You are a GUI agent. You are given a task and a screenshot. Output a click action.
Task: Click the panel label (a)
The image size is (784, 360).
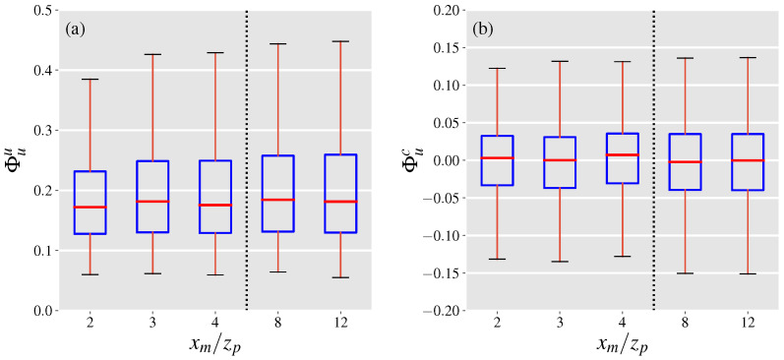point(76,29)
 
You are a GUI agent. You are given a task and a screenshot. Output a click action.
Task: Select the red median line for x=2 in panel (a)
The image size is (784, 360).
point(90,208)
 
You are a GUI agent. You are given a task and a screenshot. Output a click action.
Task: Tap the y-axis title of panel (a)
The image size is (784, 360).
point(13,160)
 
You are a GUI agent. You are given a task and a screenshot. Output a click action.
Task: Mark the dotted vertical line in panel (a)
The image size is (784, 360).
point(246,157)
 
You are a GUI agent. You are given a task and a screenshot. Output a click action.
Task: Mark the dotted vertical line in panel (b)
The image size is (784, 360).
point(654,157)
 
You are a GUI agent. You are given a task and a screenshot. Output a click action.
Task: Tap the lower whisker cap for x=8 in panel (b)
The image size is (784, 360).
point(686,273)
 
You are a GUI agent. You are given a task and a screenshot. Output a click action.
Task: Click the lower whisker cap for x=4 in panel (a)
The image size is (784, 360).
point(214,275)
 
